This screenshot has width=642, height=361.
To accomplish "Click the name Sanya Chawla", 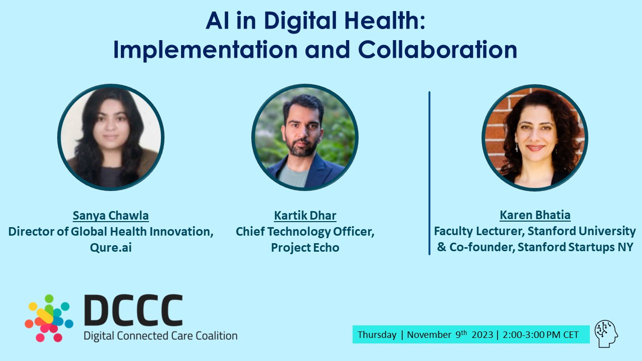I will [x=111, y=216].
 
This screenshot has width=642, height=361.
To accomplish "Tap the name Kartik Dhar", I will [x=305, y=216].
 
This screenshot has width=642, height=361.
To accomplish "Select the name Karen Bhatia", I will [x=535, y=215].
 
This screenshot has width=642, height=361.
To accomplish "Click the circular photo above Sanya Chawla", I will [x=111, y=137].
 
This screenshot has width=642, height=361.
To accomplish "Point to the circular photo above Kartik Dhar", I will [x=305, y=137].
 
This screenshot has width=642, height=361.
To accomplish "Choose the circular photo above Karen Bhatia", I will [x=535, y=137].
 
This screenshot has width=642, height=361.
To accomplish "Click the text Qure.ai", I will [x=111, y=247].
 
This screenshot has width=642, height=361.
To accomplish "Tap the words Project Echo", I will [x=305, y=247].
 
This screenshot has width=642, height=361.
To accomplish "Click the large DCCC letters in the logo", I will [x=133, y=310].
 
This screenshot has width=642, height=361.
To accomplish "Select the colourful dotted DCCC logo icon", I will [x=49, y=318].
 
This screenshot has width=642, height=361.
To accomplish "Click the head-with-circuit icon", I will [x=606, y=334].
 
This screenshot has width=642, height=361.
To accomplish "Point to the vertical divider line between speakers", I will [x=429, y=173].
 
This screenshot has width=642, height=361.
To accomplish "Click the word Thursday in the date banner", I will [x=377, y=335].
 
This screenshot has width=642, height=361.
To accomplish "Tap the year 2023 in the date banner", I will [x=481, y=335].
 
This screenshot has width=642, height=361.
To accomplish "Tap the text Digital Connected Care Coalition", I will [x=160, y=335].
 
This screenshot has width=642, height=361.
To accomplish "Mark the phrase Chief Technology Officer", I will [x=305, y=232].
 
